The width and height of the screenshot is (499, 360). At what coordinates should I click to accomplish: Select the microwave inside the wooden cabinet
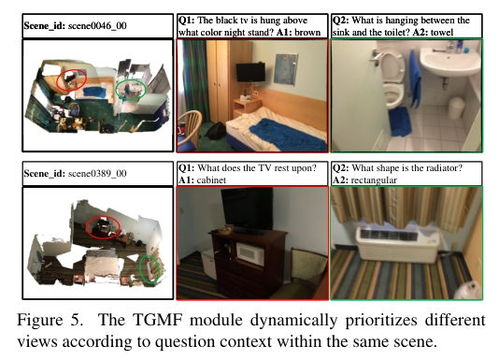pos(250,252)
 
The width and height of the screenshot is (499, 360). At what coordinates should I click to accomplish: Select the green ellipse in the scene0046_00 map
pos(131,90)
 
